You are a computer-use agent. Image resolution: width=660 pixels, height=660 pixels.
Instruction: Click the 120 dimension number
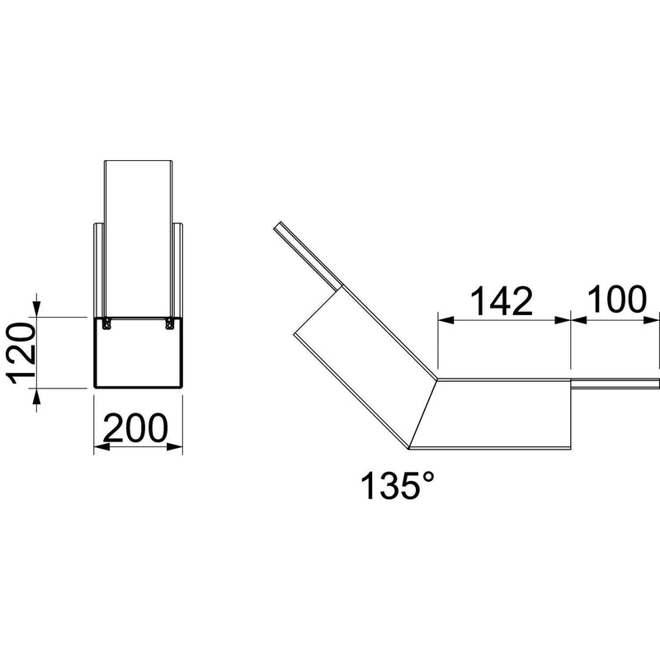(x=21, y=353)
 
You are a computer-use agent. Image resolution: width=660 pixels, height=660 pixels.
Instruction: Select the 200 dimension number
(x=135, y=427)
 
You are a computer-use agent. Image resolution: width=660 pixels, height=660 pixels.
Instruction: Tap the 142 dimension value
(x=501, y=301)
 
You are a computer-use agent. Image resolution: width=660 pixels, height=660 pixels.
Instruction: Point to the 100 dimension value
(x=616, y=299)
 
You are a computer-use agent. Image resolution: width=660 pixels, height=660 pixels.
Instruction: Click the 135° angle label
(x=397, y=485)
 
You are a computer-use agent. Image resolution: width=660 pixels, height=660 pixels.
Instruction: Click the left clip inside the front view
(x=107, y=323)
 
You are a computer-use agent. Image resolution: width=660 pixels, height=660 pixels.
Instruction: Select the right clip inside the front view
(x=169, y=323)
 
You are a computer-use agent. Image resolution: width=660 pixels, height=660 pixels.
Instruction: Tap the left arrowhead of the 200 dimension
(x=101, y=446)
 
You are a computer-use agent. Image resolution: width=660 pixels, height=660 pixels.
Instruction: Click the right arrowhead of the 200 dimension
(x=175, y=446)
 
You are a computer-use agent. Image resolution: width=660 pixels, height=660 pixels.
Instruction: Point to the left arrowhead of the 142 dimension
(x=446, y=320)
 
